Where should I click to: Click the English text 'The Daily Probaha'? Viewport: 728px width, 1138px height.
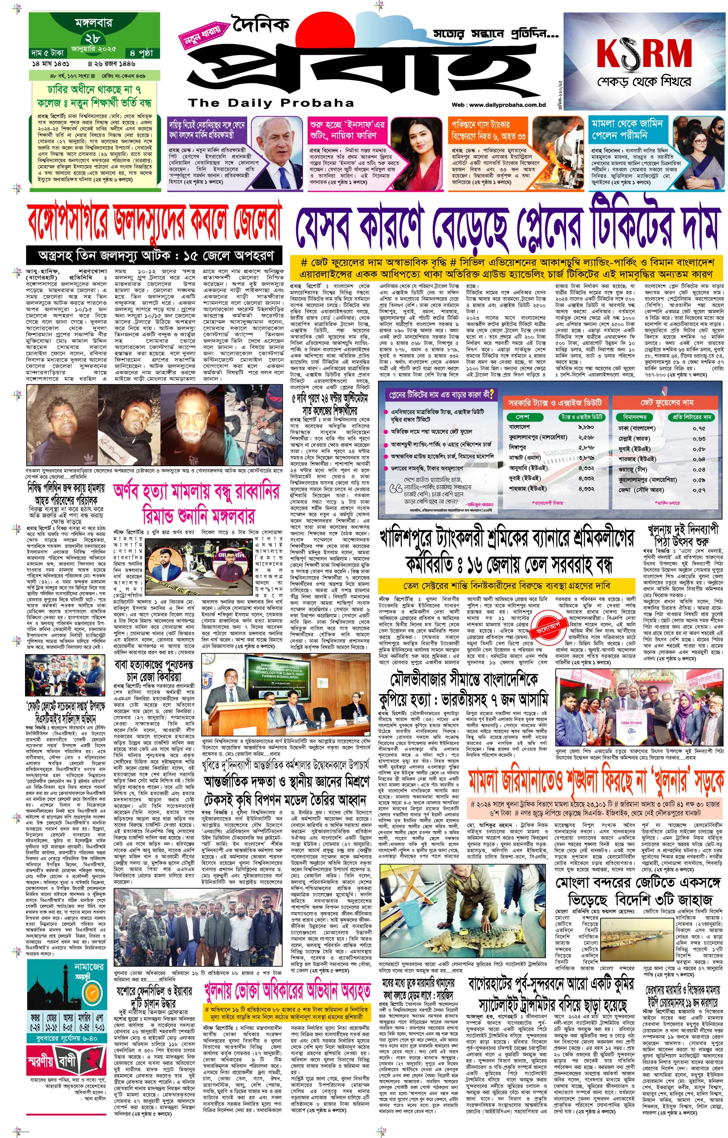(x=271, y=102)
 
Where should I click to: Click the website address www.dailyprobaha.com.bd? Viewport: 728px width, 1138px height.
(x=506, y=105)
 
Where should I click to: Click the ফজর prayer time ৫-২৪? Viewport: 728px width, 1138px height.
(x=35, y=1016)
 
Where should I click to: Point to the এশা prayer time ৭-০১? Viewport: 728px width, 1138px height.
(x=100, y=1016)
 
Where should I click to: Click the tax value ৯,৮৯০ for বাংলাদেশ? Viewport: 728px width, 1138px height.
(x=586, y=427)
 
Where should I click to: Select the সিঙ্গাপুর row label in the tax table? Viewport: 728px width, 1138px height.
(x=517, y=447)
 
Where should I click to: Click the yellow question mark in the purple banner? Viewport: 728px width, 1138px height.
(x=492, y=394)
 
